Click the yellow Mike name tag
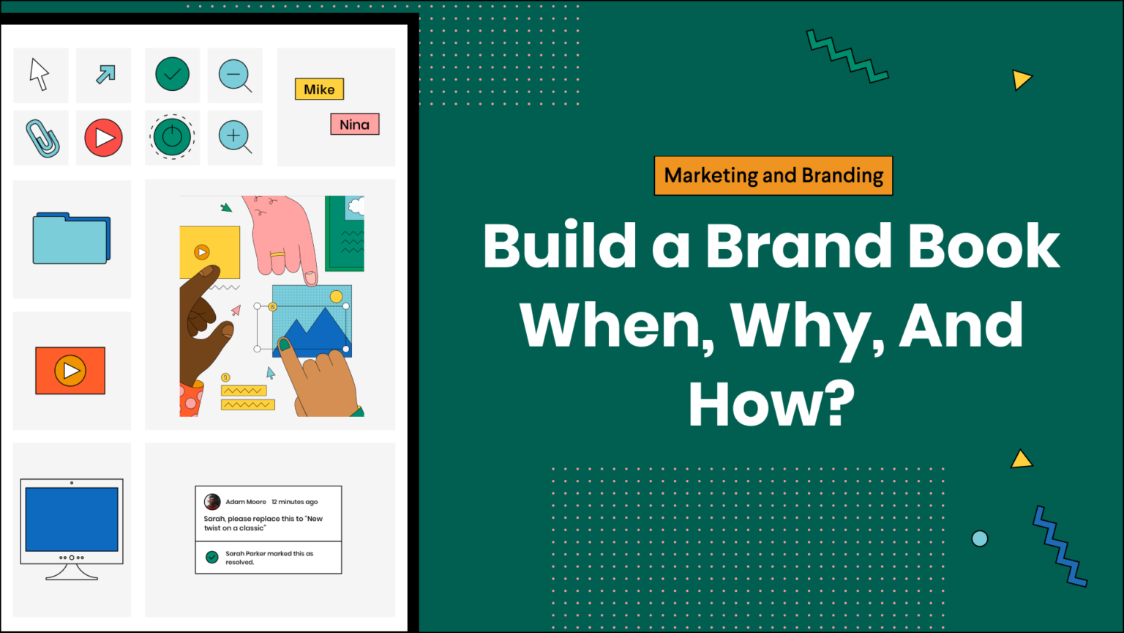point(319,89)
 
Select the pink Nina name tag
point(355,124)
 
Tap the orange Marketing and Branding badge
point(773,176)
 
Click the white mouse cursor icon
point(39,74)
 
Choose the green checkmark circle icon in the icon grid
point(172,74)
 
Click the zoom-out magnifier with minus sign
point(235,76)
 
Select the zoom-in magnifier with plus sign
point(235,137)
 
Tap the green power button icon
point(172,137)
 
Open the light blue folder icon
point(71,238)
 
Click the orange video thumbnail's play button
point(70,371)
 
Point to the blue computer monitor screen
point(72,519)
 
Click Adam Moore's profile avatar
point(212,501)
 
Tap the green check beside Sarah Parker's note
point(212,557)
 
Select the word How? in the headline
point(772,404)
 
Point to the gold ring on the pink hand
point(277,255)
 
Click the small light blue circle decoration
point(980,538)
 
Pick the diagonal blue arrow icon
point(105,74)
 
